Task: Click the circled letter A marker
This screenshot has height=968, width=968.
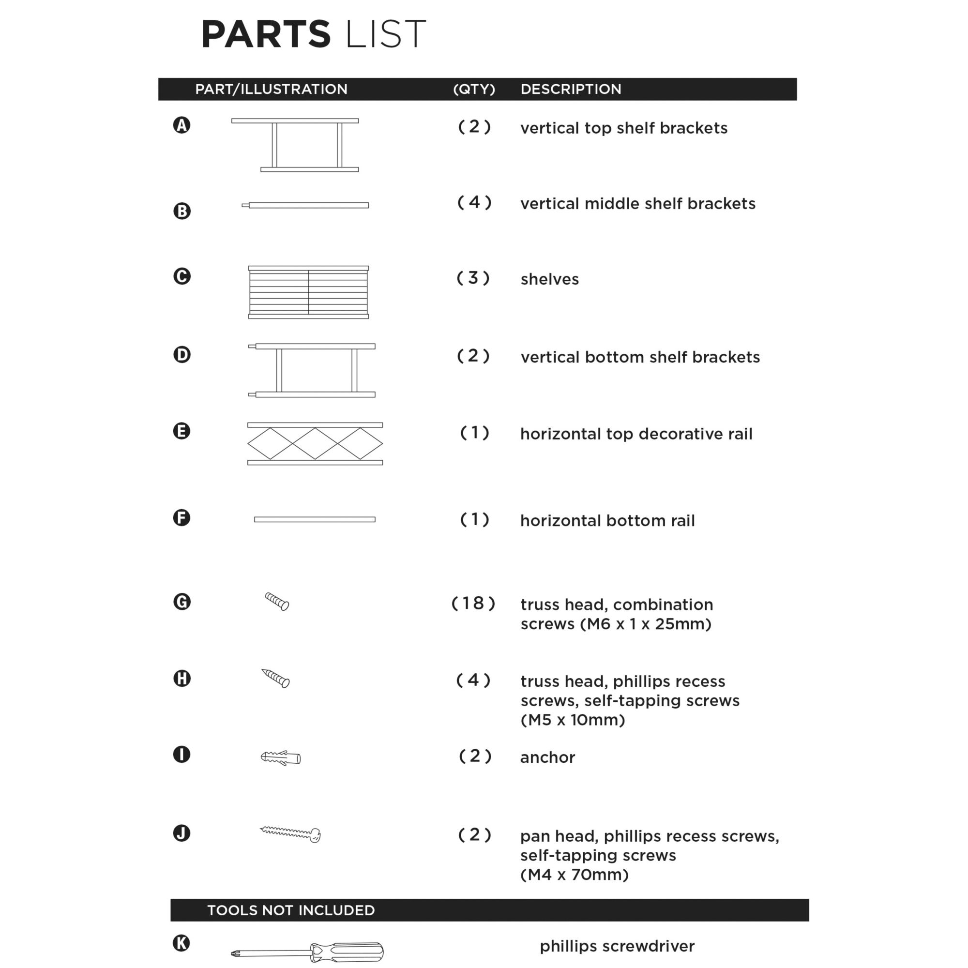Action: tap(182, 125)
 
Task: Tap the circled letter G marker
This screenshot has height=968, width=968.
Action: tap(182, 602)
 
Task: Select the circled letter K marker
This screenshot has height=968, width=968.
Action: tap(181, 943)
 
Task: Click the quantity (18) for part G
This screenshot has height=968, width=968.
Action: tap(473, 603)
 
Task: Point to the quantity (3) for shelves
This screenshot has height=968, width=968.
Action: tap(473, 278)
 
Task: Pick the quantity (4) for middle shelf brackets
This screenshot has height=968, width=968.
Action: tap(474, 202)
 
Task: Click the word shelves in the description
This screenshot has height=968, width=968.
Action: tap(550, 279)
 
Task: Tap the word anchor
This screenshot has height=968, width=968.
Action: tap(547, 757)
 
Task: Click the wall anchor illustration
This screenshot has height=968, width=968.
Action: tap(281, 757)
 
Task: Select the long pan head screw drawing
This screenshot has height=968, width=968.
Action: tap(290, 833)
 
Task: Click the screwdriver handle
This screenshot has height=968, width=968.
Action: tap(351, 952)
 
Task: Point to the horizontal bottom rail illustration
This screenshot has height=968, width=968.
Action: tap(315, 519)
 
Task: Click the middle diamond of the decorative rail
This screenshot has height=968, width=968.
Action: tap(315, 443)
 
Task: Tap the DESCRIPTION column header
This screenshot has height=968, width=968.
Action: tap(571, 89)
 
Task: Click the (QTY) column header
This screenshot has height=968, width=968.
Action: tap(473, 89)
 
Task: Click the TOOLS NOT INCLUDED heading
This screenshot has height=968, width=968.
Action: tap(290, 910)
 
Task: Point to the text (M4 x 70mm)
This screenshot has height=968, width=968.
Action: tap(574, 875)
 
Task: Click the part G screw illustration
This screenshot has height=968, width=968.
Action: tap(277, 601)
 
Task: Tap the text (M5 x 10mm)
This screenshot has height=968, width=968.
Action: tap(573, 720)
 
